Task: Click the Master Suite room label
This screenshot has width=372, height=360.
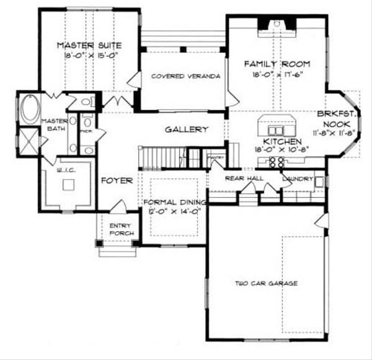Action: coord(89,46)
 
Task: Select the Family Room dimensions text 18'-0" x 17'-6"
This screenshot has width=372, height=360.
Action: coord(276,74)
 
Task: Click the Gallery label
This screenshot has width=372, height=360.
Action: coord(186,130)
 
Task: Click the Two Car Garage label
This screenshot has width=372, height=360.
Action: coord(266,283)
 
